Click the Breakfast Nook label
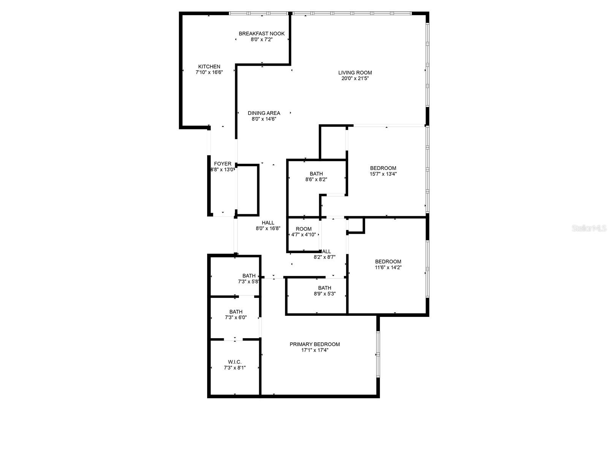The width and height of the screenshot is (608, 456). point(261,33)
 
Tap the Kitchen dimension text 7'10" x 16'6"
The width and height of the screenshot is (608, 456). point(209,72)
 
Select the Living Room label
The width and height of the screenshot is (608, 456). point(355,73)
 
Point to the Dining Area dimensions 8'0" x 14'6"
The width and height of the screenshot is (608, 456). point(264,119)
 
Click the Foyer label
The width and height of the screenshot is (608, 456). point(222,164)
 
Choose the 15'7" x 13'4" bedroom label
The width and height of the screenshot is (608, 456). point(383,168)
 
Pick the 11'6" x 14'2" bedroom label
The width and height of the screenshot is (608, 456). point(388,261)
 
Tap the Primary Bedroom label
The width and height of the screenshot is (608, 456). point(315,344)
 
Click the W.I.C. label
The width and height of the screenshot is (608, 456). point(234,362)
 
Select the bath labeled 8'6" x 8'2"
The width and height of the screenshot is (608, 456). point(316,174)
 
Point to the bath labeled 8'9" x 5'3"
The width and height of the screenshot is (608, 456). point(325,288)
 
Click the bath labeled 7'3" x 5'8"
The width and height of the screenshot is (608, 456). point(249,276)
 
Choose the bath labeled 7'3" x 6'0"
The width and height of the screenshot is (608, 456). point(236,312)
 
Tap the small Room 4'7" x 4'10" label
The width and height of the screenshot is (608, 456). point(303,229)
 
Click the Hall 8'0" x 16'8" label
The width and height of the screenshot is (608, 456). point(268,223)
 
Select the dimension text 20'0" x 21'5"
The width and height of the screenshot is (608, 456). point(355,79)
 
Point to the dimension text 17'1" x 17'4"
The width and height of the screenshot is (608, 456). point(315,350)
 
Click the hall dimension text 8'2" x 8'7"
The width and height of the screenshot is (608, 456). point(324,257)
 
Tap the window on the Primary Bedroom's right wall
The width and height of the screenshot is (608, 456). point(378,354)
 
